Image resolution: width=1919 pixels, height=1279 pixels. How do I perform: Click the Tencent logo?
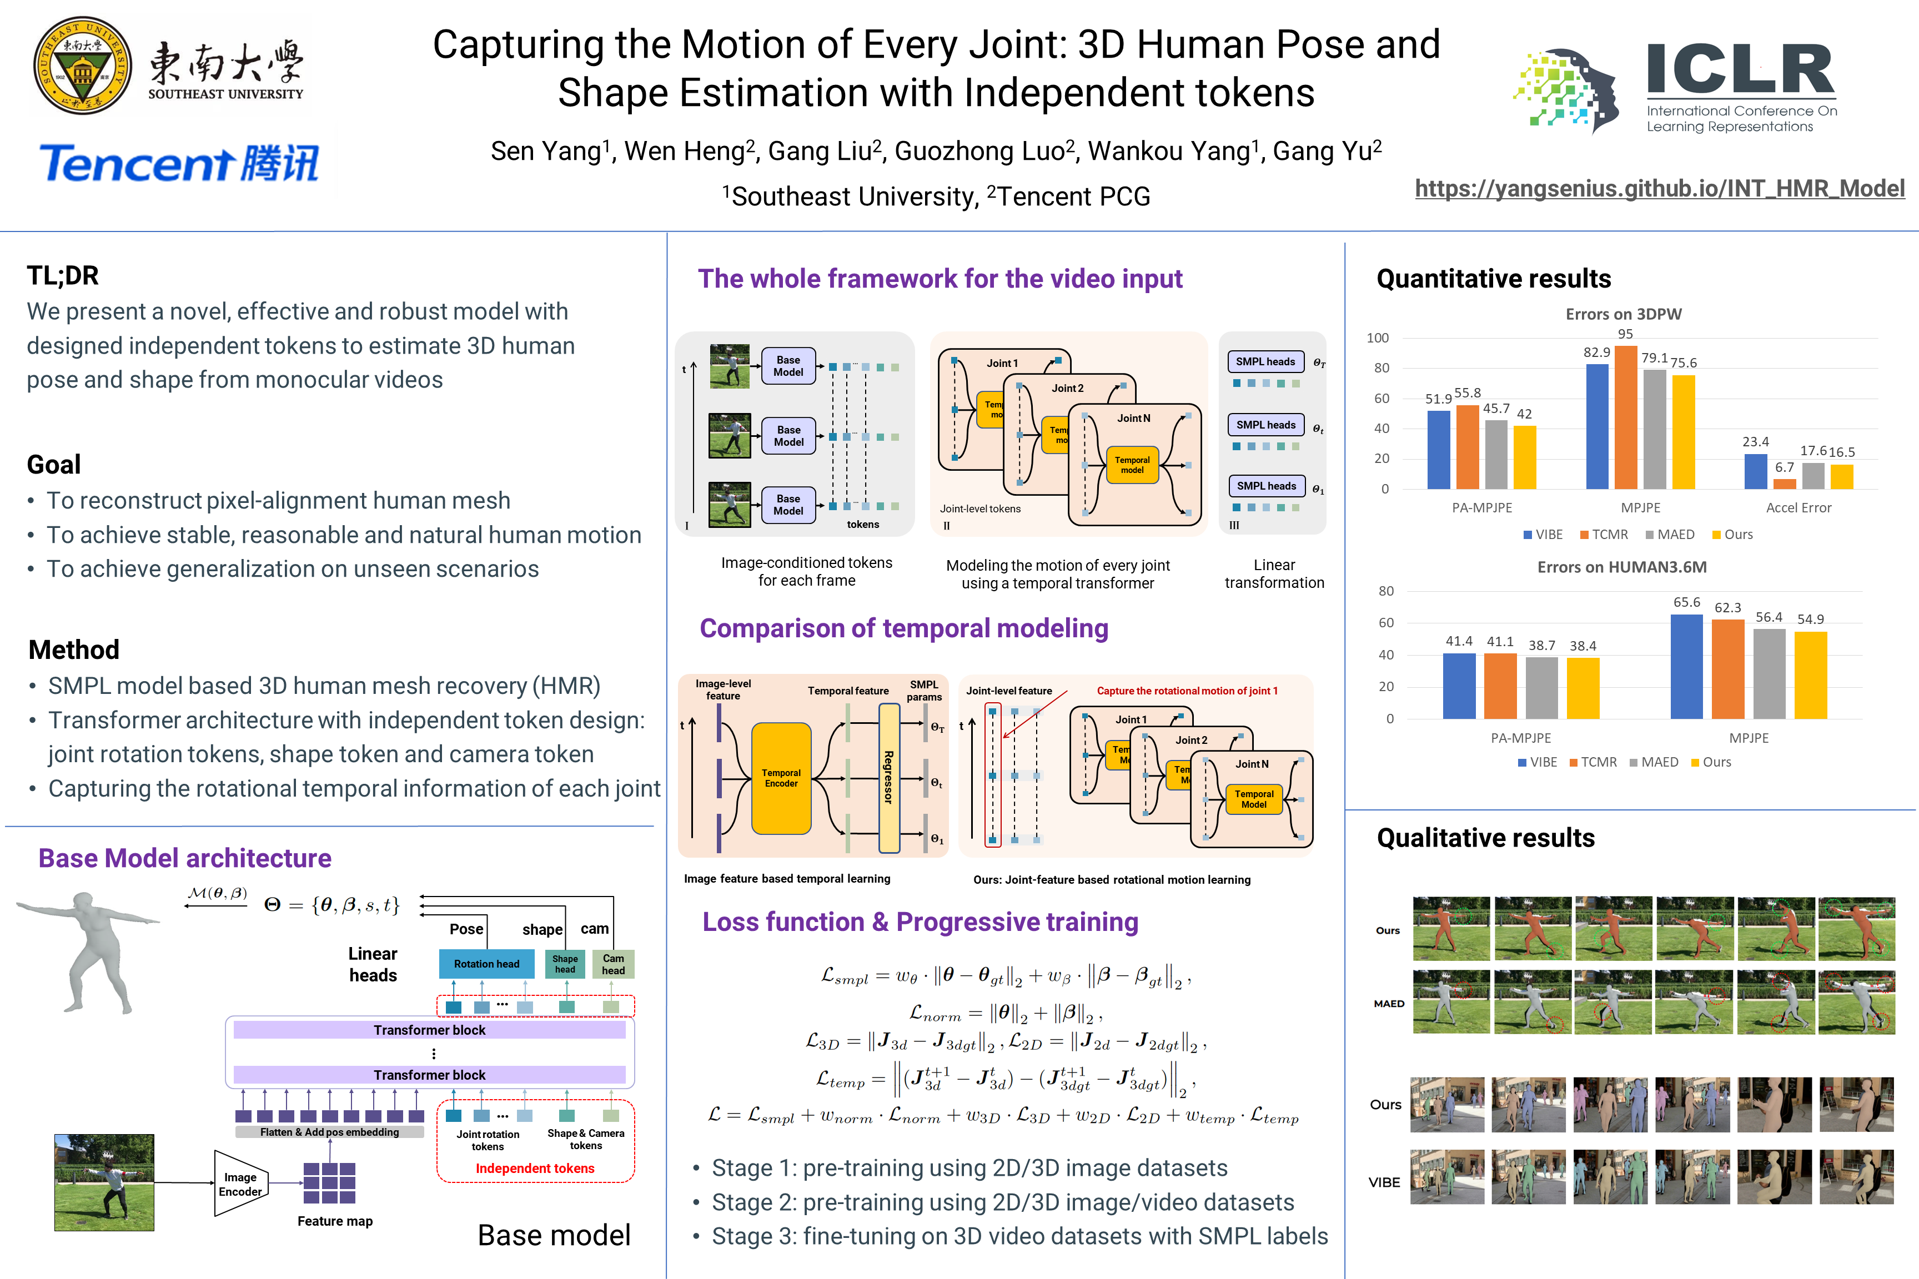179,163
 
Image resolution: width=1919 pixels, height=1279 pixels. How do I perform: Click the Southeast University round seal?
82,66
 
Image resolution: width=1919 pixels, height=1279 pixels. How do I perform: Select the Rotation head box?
486,963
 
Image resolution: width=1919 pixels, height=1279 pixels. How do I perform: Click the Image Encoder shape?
240,1184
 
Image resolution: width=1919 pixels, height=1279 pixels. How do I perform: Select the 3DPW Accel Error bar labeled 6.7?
1785,484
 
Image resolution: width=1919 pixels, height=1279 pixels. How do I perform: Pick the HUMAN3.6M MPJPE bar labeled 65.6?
1686,666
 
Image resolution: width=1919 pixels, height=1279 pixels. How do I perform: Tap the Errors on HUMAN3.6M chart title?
1621,567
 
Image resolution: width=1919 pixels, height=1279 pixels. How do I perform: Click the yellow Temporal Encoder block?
781,778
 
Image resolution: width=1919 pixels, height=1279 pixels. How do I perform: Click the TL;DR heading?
63,276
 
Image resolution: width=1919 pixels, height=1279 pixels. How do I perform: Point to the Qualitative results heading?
1485,838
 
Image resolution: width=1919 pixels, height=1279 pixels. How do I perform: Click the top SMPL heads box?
1265,361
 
